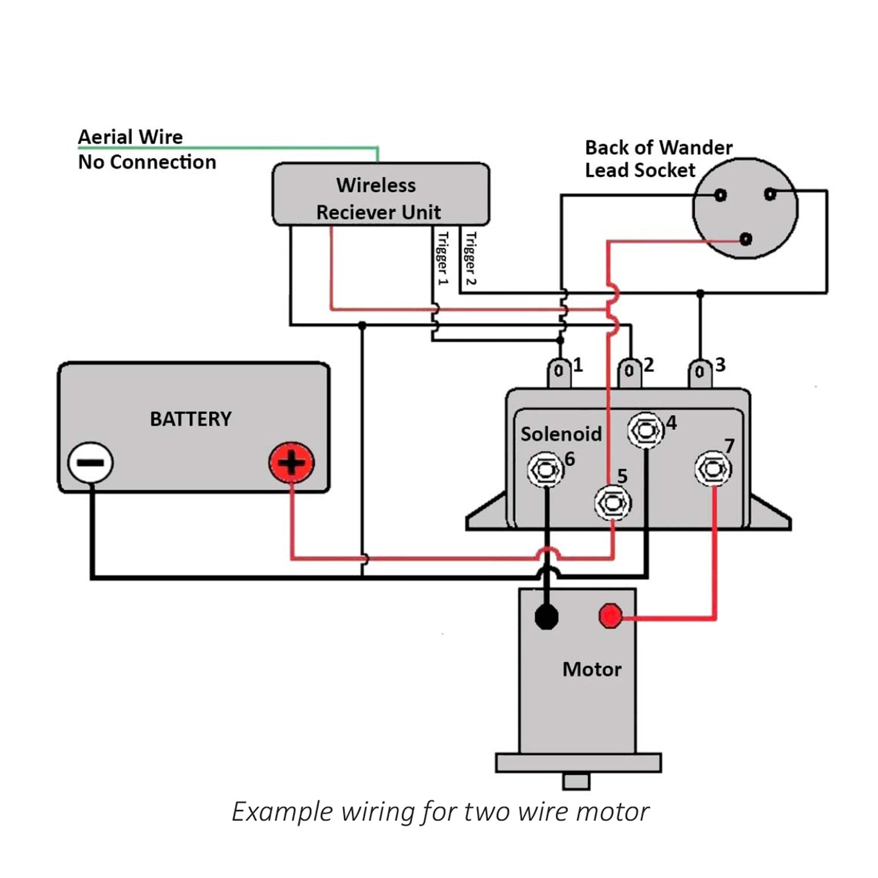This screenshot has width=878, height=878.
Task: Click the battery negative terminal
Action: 91,463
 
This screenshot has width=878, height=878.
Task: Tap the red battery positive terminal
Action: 291,463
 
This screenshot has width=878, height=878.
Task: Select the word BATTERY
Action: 190,419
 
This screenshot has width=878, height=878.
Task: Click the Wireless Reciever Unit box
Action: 381,194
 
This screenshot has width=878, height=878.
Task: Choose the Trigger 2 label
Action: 470,258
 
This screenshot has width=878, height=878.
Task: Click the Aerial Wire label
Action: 130,137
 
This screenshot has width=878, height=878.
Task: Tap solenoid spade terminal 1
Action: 559,373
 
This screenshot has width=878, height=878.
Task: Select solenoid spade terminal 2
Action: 629,373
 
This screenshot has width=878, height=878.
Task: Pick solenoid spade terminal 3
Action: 700,373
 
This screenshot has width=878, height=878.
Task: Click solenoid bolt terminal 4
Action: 646,430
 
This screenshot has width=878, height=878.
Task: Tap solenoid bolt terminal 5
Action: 613,502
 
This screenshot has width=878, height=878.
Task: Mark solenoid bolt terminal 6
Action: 546,470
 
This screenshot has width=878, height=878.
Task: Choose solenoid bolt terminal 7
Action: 713,469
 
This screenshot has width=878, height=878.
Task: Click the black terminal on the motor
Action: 546,617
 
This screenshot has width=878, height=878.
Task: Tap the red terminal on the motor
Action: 611,616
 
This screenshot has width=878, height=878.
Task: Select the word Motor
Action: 592,670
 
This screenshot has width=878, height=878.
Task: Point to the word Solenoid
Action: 561,434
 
